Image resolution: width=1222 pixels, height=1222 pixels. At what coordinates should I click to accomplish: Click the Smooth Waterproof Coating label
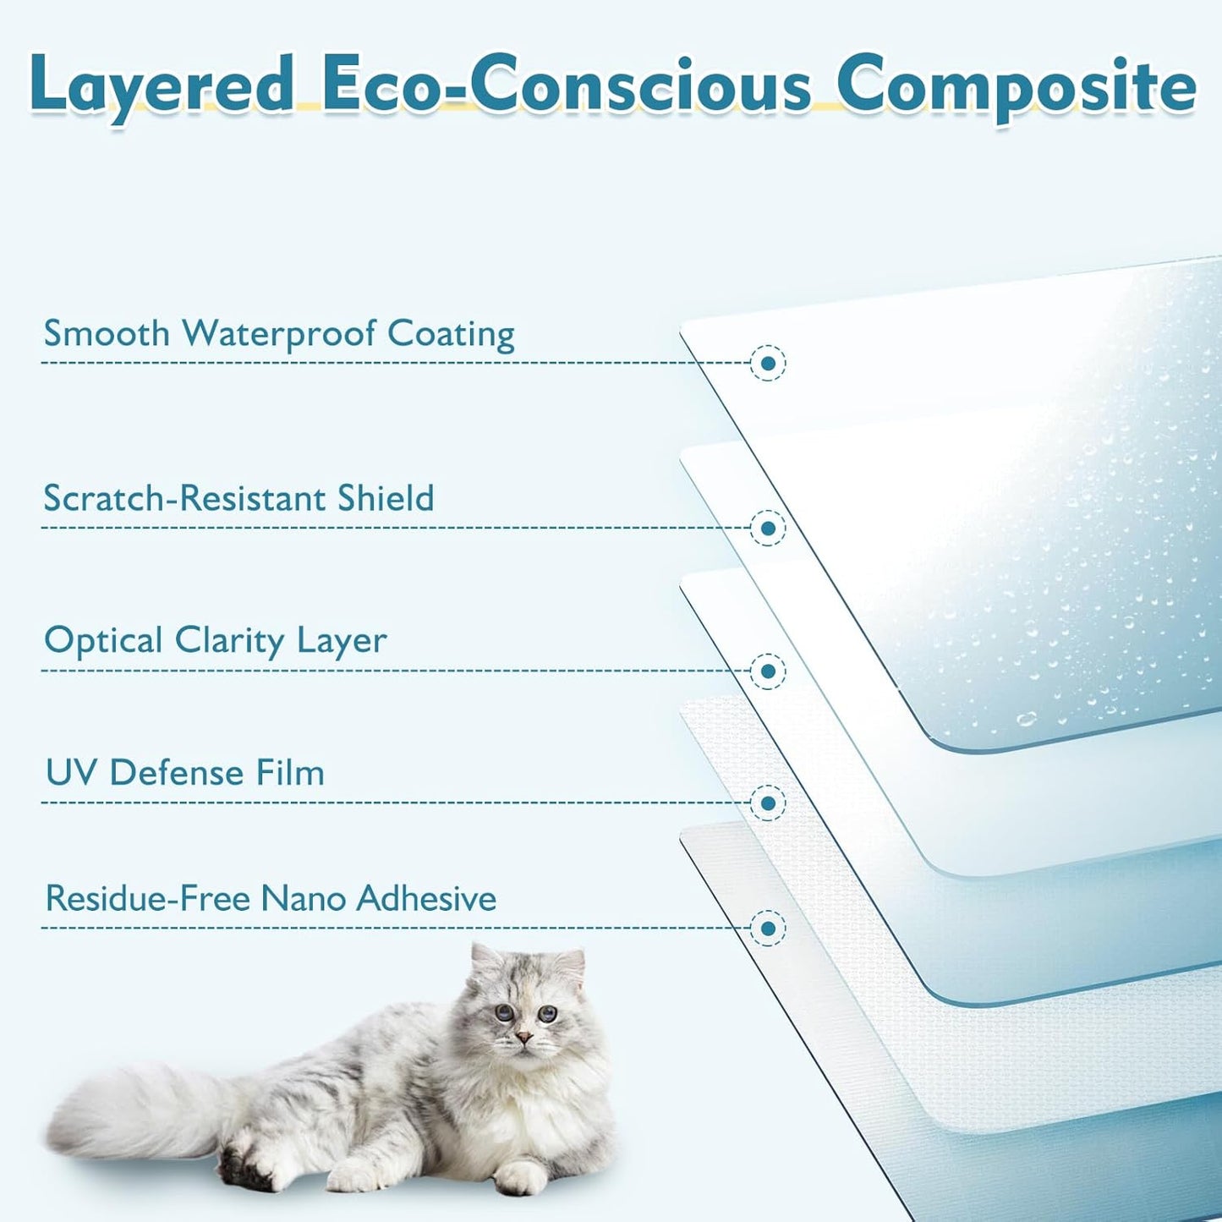click(x=279, y=333)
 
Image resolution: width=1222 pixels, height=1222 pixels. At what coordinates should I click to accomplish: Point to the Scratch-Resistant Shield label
click(x=239, y=498)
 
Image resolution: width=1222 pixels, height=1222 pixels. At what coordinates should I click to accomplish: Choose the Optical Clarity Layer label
click(x=216, y=640)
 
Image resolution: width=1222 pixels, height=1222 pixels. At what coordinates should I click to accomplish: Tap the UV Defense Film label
click(x=185, y=772)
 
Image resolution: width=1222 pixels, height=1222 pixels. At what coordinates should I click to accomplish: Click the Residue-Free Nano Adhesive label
click(x=271, y=898)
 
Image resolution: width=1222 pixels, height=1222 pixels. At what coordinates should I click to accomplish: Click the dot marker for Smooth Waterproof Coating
click(x=768, y=364)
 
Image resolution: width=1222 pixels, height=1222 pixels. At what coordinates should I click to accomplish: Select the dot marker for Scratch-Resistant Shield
click(x=768, y=528)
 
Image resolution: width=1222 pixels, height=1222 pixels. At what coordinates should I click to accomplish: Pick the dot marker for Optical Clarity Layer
click(x=768, y=671)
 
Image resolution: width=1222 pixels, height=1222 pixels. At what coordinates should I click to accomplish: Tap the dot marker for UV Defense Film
click(x=768, y=803)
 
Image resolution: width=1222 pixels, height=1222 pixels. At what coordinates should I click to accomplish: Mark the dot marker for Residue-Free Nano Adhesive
click(x=768, y=929)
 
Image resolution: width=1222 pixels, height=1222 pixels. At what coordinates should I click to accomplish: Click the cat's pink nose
click(x=523, y=1038)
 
